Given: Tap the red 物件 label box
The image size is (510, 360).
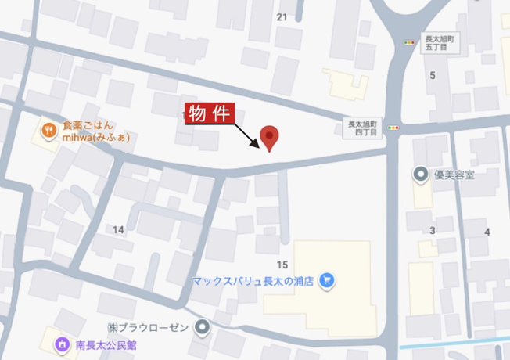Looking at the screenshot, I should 209,113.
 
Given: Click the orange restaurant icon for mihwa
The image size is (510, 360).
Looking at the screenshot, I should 48,131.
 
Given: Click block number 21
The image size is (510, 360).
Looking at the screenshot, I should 282,16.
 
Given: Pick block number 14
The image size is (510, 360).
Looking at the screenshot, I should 118,229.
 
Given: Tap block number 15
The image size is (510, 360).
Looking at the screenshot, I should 282,265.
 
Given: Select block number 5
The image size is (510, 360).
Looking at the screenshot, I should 432,75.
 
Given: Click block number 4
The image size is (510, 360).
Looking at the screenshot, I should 487,232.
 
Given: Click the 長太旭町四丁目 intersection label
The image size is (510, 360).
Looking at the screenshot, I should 362,128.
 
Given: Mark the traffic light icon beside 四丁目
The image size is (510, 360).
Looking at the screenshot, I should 393,127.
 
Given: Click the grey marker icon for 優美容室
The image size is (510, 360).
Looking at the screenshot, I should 420,174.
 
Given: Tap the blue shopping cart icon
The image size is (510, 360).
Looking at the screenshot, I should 326,279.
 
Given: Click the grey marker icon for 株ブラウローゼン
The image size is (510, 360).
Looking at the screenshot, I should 203,326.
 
